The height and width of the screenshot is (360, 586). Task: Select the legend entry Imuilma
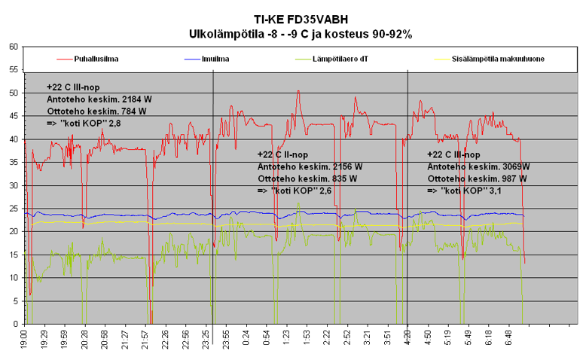[217, 59]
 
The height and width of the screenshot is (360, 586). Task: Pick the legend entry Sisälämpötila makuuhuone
[498, 59]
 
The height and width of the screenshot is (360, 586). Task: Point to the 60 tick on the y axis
[14, 47]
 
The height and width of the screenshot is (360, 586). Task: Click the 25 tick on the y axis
[14, 209]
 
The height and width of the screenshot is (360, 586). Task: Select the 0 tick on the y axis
[16, 325]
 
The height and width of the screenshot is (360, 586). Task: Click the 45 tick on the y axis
[14, 116]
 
